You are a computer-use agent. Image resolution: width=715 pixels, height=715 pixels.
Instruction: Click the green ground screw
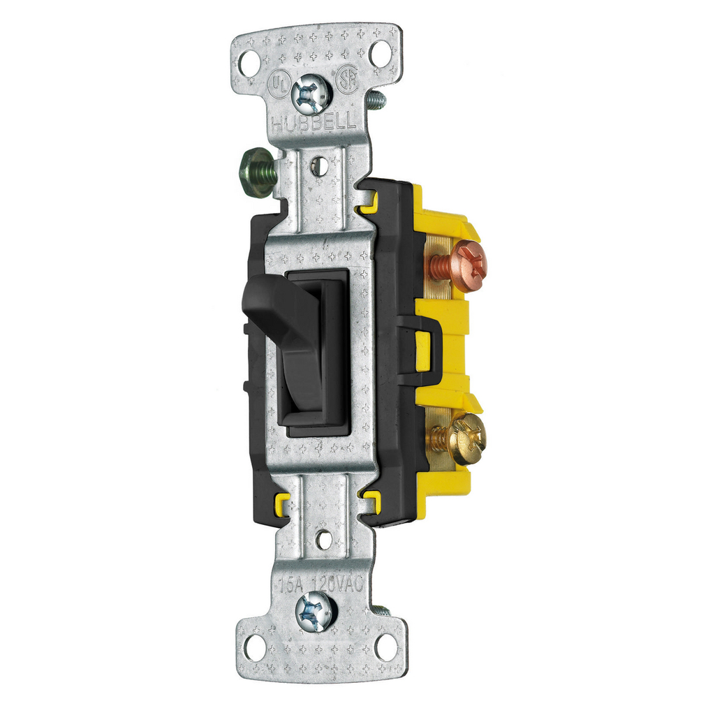click(256, 172)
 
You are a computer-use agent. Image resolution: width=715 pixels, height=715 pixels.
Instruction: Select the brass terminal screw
click(466, 438)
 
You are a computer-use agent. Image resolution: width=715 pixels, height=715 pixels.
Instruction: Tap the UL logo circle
click(278, 85)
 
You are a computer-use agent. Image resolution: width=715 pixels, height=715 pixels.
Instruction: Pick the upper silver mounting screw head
click(311, 94)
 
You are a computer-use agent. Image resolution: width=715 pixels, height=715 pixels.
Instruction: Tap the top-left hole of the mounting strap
click(249, 63)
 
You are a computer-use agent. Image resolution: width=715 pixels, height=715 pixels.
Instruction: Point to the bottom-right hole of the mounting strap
click(385, 646)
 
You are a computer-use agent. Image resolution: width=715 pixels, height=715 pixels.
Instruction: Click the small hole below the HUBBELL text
click(318, 166)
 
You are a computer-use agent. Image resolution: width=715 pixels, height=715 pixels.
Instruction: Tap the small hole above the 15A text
click(324, 539)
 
